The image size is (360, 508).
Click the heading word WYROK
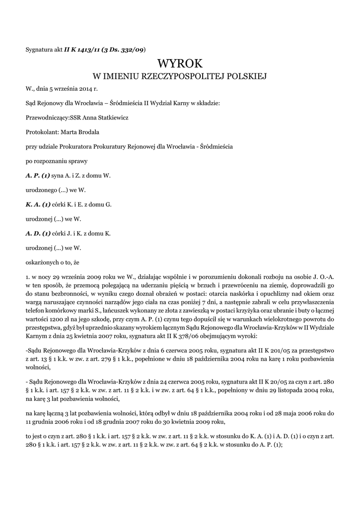pos(180,63)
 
